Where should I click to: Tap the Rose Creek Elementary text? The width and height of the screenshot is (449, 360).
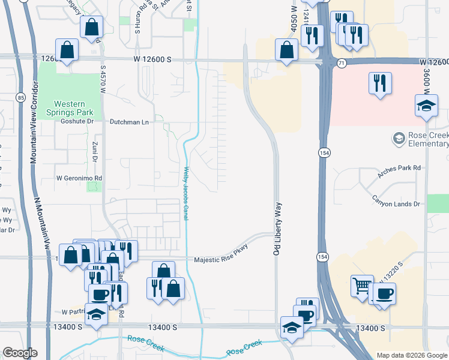point(427,140)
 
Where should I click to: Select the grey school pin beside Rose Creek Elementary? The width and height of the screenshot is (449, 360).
point(398,139)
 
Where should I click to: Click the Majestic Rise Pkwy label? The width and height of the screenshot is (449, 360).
point(220,260)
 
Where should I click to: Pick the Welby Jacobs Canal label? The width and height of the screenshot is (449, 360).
point(186,193)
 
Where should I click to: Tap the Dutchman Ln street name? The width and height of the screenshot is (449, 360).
point(128,121)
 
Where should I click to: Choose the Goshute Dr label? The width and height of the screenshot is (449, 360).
point(78,121)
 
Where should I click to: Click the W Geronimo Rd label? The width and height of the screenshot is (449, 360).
point(79,178)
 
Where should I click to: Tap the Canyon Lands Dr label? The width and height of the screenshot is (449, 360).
point(396,204)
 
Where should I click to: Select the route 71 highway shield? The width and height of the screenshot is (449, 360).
point(340,62)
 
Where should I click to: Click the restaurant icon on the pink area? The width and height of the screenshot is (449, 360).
point(381,83)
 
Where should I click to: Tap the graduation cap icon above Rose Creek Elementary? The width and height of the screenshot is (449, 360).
point(426,106)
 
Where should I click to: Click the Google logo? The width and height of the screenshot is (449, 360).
point(20,353)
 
